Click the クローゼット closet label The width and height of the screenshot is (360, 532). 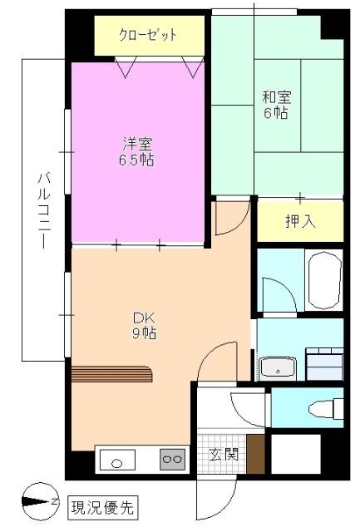point(147,37)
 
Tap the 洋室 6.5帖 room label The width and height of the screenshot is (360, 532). point(136,150)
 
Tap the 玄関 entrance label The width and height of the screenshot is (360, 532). point(223,454)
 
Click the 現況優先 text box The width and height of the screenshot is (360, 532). point(101,504)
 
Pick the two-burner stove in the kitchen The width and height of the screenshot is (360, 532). point(172,458)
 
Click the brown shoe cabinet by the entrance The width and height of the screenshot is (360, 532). point(255,454)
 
